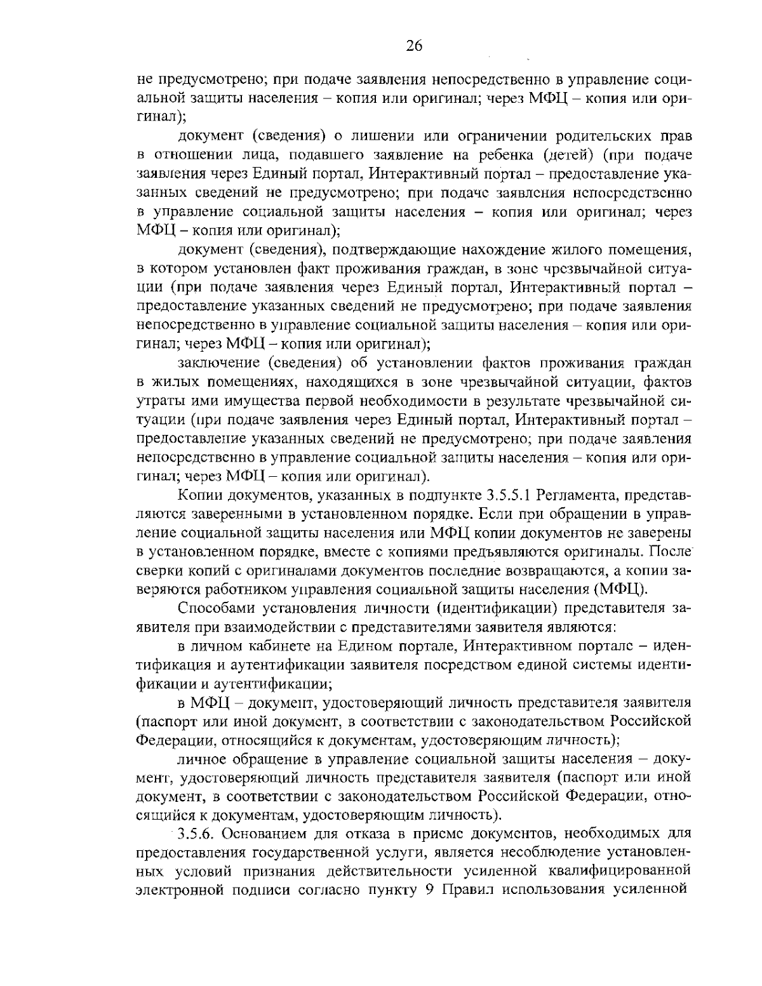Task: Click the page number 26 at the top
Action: click(413, 45)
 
